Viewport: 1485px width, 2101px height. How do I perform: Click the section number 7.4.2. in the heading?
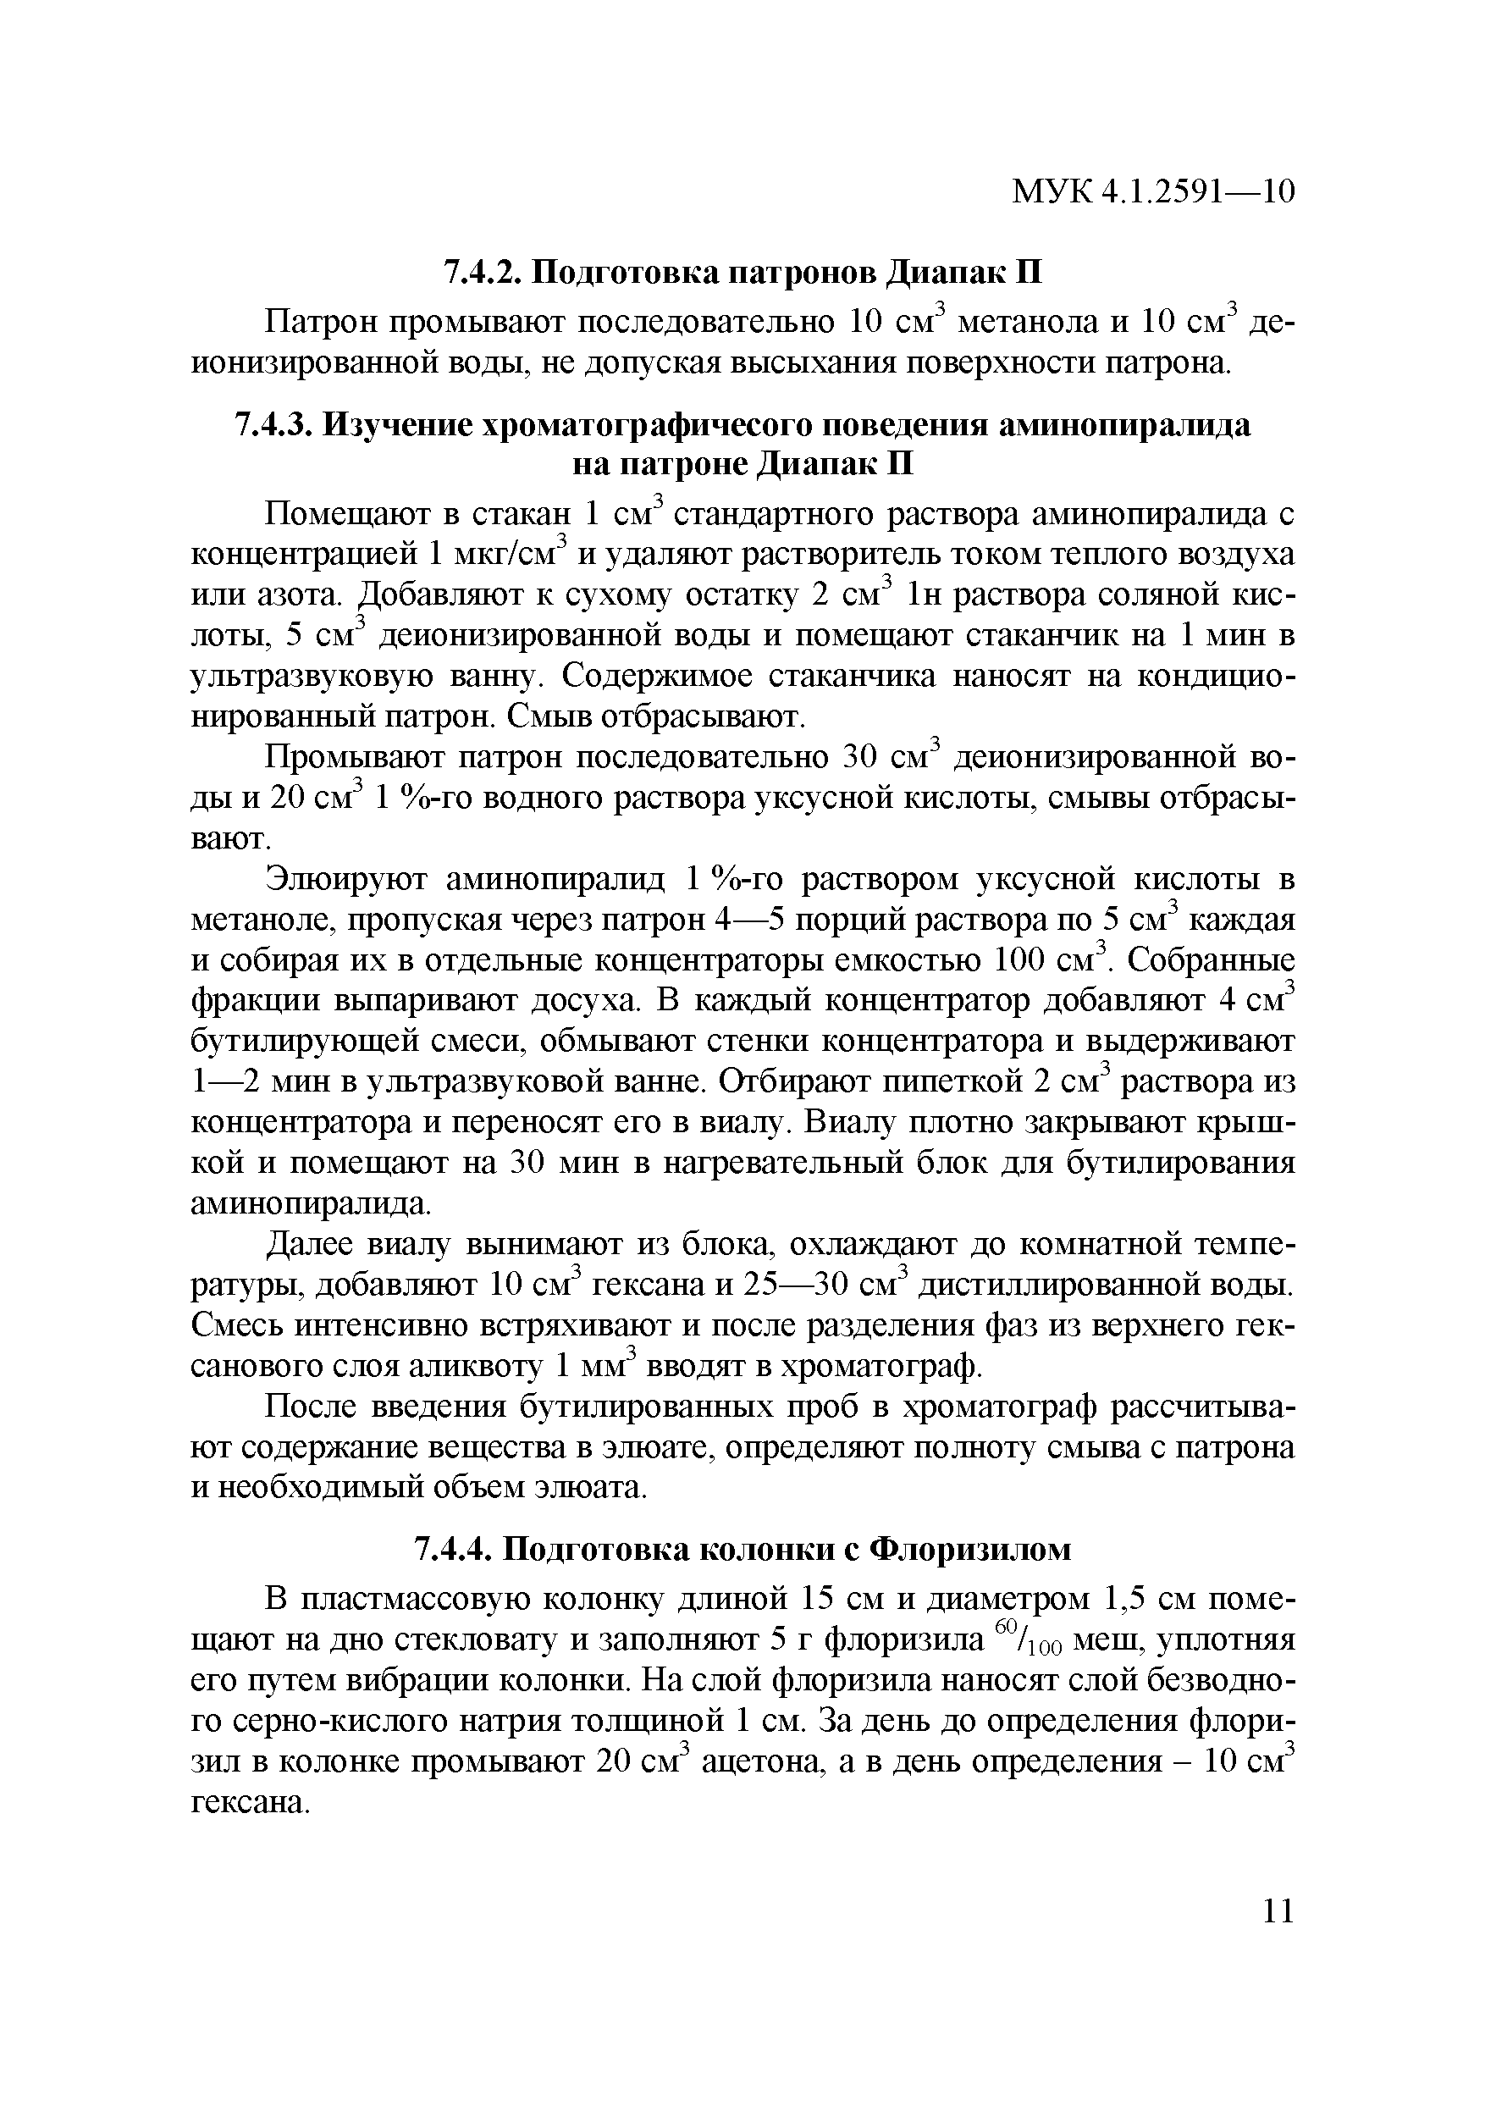point(483,273)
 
